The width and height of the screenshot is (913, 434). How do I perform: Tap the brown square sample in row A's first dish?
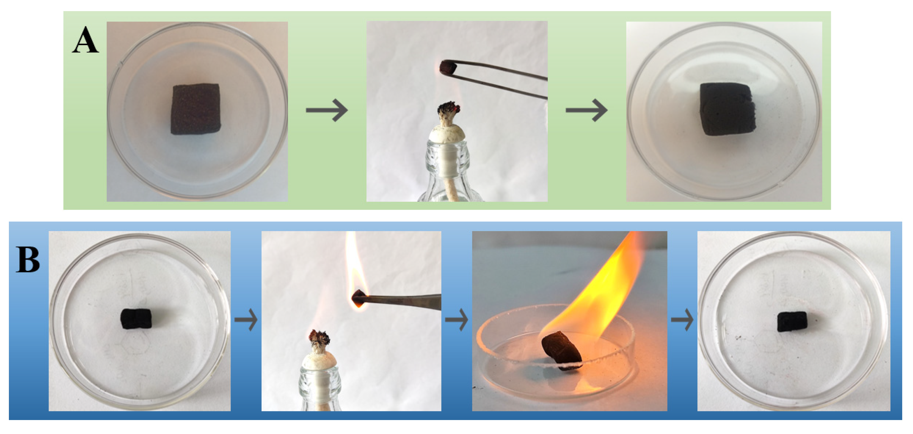point(196,109)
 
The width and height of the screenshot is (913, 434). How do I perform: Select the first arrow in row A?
point(327,110)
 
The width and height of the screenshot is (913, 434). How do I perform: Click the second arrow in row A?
point(586,110)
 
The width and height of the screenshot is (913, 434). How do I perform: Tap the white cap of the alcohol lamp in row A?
point(447,133)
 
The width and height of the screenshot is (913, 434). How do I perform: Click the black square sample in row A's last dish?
point(727,109)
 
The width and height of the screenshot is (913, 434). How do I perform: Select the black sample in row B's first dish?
point(136,319)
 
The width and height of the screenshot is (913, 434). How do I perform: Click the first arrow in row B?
point(246,320)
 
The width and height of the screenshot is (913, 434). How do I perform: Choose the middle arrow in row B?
point(457,320)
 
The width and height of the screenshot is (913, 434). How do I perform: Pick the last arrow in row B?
point(682,320)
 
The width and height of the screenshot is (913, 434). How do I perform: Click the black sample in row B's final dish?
point(792,322)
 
